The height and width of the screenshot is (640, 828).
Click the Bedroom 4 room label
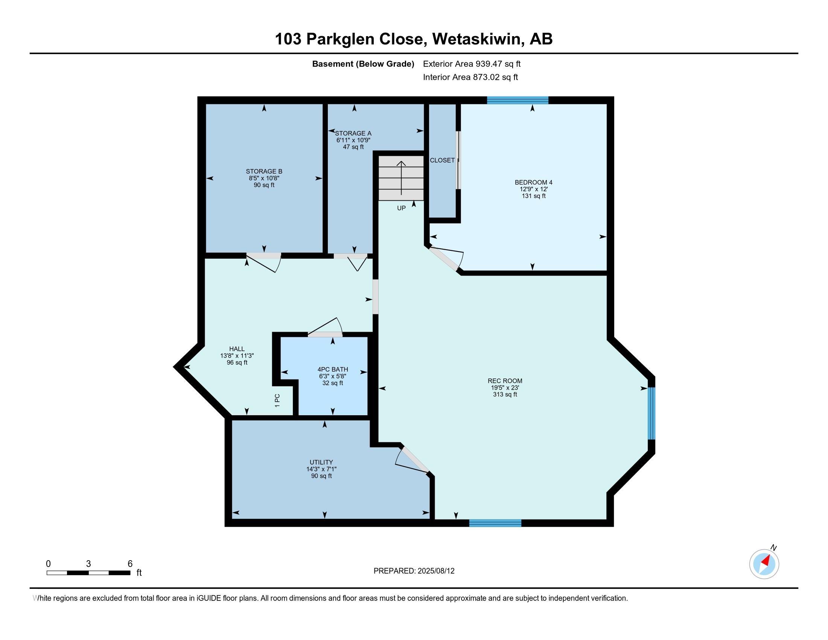click(x=533, y=182)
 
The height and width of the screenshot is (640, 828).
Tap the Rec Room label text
click(x=505, y=381)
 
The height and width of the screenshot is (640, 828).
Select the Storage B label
click(x=264, y=171)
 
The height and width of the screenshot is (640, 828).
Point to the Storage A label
click(x=353, y=134)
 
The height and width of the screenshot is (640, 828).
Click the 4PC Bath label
click(x=332, y=369)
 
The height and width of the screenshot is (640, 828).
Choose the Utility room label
click(x=321, y=462)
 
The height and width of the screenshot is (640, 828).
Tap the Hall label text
click(x=237, y=349)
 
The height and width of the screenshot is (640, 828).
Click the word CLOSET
click(x=442, y=160)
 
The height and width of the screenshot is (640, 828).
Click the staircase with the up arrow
click(x=401, y=178)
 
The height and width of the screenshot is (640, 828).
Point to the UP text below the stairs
click(x=401, y=208)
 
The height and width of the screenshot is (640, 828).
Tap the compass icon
click(x=764, y=564)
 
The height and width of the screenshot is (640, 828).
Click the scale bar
click(x=88, y=573)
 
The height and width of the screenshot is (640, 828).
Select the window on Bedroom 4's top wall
click(x=517, y=100)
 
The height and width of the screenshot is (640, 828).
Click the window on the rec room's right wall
click(x=651, y=413)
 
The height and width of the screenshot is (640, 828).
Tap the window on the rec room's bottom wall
click(x=495, y=523)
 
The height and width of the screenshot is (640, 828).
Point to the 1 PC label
click(x=277, y=401)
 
